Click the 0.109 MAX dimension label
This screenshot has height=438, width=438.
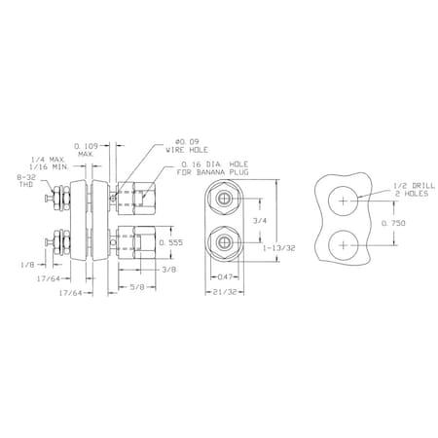point(87,150)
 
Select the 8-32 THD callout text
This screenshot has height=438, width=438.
point(25,180)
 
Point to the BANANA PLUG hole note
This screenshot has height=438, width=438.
point(212,168)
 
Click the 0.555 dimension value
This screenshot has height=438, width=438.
point(171,242)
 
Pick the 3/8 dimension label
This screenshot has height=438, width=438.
point(169,270)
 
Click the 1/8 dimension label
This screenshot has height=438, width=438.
point(27,265)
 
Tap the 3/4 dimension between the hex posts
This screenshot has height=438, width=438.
point(260,221)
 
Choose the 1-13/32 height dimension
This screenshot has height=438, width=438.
point(279,248)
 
